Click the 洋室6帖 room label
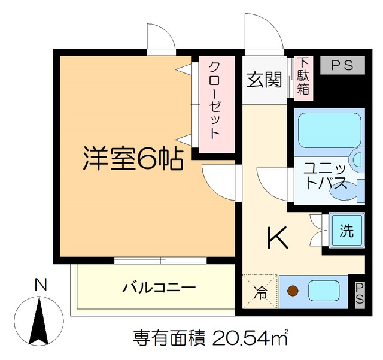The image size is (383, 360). [x=132, y=158]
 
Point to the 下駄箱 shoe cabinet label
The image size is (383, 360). [x=304, y=76]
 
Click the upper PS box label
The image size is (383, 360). [x=341, y=65]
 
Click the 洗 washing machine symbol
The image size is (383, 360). [x=345, y=230]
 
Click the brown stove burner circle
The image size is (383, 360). [x=293, y=292]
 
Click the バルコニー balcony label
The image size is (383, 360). [x=159, y=288]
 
